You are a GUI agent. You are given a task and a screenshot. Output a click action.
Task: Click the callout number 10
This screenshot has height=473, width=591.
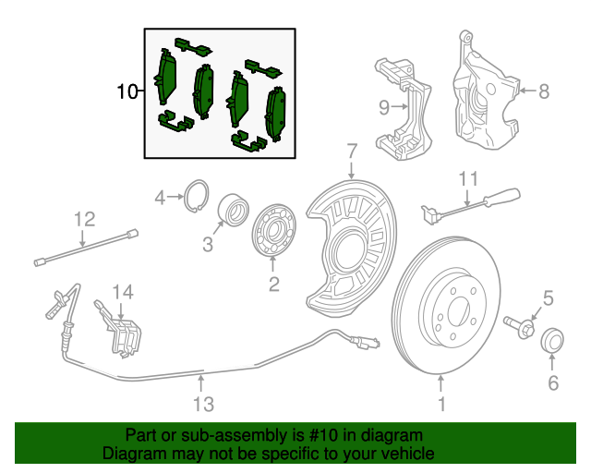click(127, 91)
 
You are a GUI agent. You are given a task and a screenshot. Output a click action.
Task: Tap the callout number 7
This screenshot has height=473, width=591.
click(352, 152)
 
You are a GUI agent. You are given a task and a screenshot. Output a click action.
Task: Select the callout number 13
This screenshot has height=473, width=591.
click(203, 404)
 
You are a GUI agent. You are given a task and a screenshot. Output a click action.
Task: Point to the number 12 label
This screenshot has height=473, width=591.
click(84, 219)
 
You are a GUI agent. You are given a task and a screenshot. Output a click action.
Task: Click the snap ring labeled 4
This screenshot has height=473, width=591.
click(197, 196)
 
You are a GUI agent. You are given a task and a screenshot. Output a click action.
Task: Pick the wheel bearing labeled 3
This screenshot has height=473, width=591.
click(234, 210)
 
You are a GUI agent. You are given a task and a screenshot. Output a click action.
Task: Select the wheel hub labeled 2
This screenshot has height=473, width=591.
click(274, 230)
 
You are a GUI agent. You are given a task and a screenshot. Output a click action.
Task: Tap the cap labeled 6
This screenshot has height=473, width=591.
click(552, 340)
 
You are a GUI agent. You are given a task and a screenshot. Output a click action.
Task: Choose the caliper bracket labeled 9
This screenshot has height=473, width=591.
click(404, 110)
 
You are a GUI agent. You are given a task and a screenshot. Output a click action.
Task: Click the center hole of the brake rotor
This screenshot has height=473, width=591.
click(458, 310)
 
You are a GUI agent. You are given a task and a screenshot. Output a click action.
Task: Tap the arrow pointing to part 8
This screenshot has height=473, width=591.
click(528, 91)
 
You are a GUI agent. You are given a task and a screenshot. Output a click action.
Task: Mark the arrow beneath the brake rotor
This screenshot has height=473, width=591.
click(440, 382)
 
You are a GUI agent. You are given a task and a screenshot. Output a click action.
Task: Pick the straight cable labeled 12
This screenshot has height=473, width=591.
click(86, 247)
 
